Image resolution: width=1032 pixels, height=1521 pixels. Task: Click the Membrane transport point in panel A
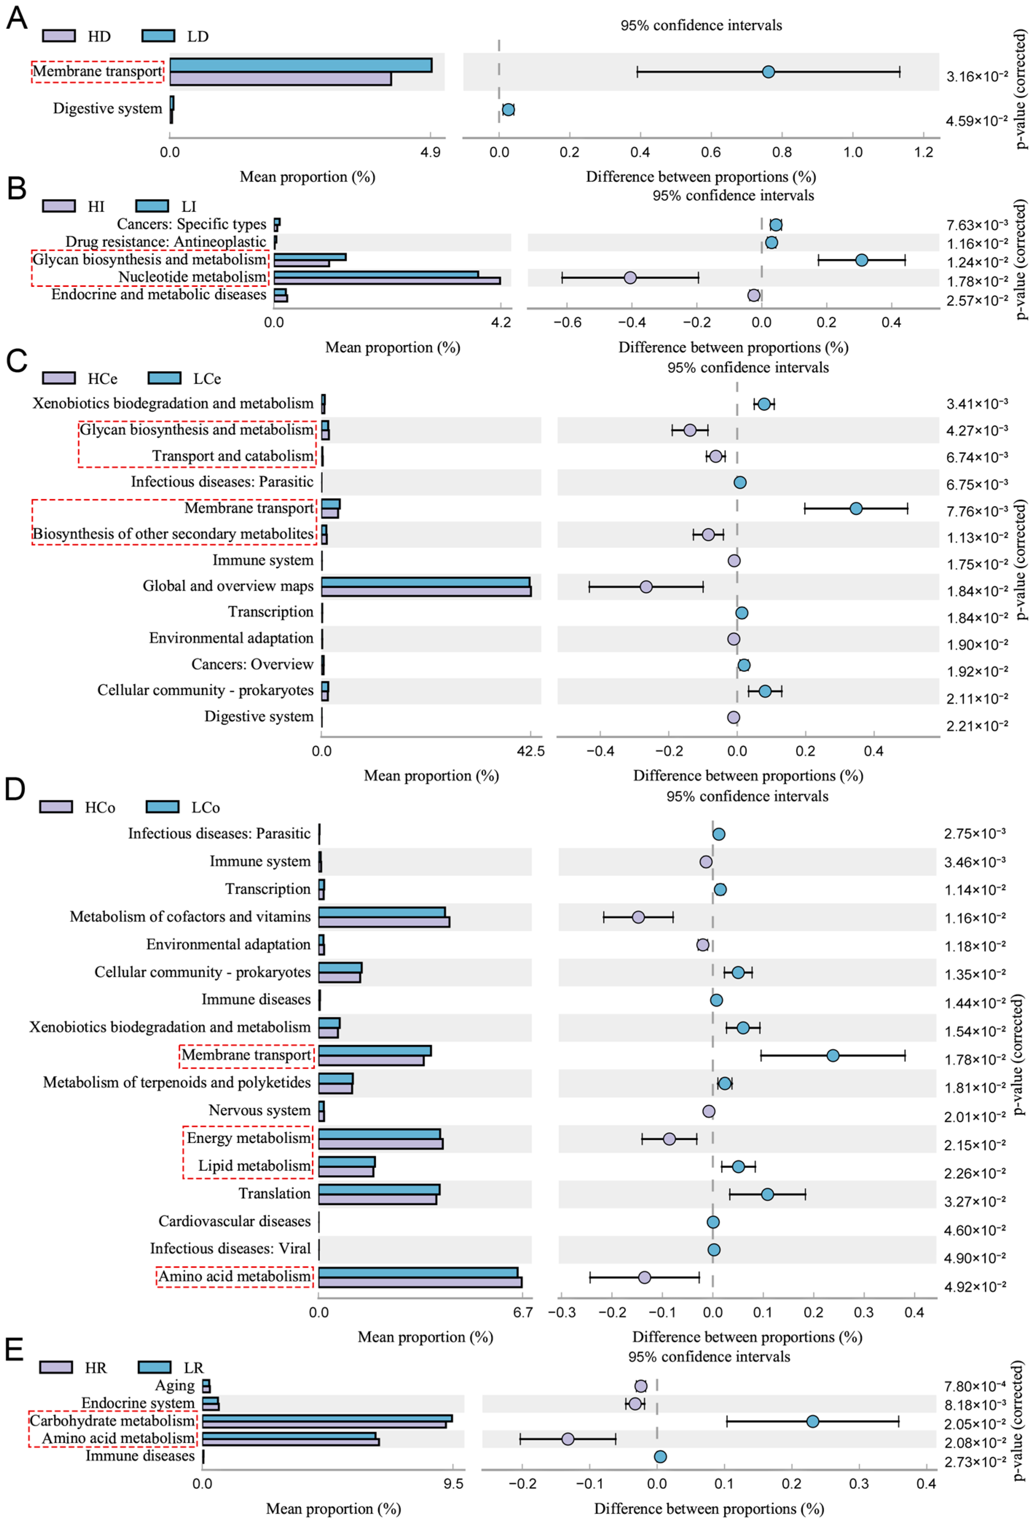click(x=768, y=71)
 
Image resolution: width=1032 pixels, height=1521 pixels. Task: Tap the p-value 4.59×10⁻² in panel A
click(x=976, y=121)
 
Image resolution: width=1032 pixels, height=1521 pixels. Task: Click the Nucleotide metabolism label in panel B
click(x=192, y=277)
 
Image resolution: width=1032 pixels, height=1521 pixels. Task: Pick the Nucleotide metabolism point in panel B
click(x=630, y=277)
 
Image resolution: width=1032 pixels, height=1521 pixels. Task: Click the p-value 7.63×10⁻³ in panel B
click(x=976, y=225)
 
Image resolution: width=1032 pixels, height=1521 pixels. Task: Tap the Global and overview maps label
click(x=228, y=586)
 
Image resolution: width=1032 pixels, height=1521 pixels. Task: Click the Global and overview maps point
click(x=646, y=586)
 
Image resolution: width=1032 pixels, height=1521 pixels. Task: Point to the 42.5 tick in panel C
click(x=531, y=751)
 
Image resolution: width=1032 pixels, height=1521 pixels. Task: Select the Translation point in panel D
click(x=767, y=1194)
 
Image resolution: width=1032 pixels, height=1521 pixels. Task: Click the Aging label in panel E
click(x=175, y=1385)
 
